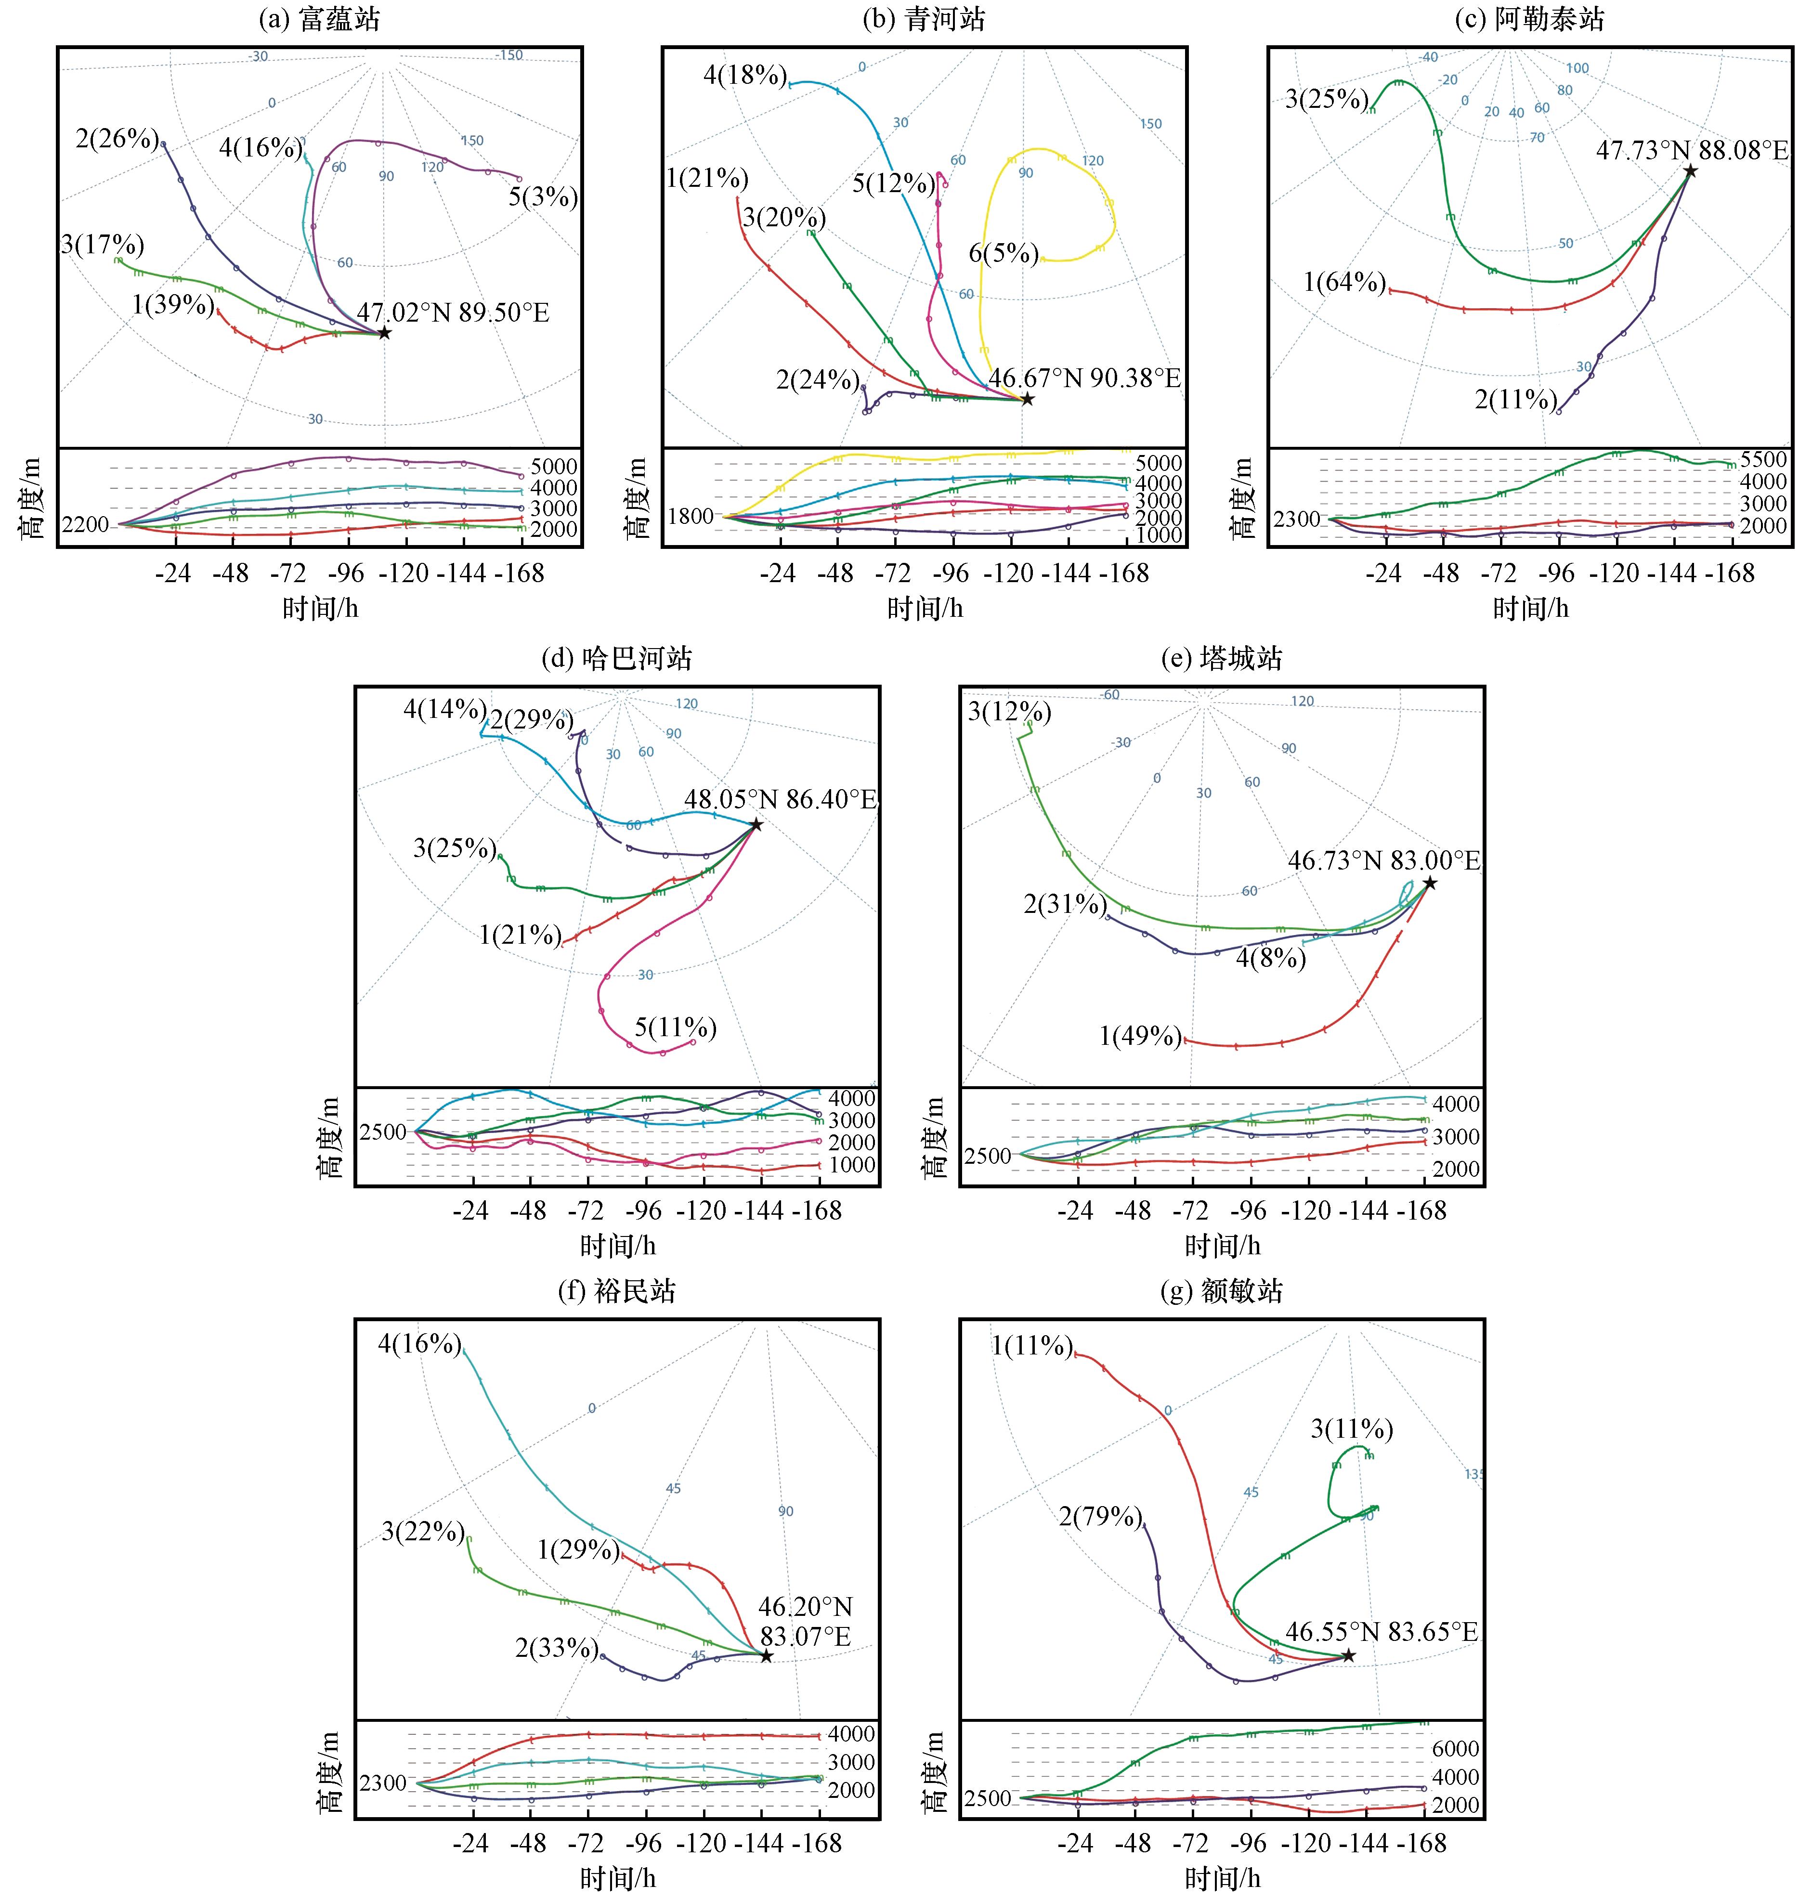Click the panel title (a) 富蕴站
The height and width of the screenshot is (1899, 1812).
320,19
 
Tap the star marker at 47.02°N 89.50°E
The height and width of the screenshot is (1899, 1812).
384,333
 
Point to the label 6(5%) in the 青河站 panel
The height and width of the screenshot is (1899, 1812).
1004,254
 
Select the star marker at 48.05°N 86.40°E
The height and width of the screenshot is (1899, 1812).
756,825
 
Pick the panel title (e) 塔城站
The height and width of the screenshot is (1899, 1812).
1222,659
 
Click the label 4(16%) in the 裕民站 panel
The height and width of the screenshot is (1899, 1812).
419,1343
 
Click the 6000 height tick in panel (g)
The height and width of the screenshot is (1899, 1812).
1455,1748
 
